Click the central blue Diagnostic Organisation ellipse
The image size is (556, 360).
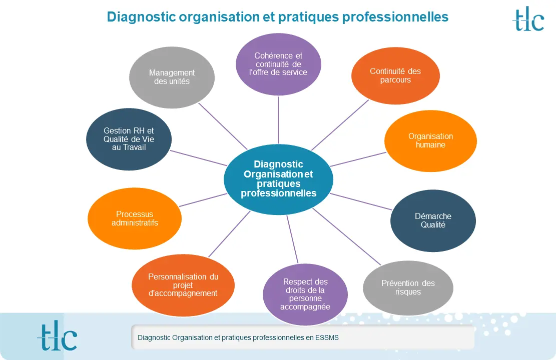point(278,179)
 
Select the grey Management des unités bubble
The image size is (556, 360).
point(172,77)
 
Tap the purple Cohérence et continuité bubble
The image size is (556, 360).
point(278,64)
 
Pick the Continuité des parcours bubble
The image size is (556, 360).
point(395,76)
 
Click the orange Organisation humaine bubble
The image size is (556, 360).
point(430,140)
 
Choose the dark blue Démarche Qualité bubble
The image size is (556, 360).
point(433,220)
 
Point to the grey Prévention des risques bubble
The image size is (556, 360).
point(408,287)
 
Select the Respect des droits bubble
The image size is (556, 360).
point(305,294)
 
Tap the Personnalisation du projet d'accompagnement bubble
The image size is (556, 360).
point(183,285)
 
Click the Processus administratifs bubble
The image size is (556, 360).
point(135,218)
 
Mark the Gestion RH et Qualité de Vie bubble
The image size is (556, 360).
point(129,139)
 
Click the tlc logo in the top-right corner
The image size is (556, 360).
point(528,19)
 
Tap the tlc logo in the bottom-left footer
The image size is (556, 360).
point(57,337)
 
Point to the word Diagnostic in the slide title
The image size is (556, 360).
point(142,17)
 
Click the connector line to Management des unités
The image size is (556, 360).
point(223,126)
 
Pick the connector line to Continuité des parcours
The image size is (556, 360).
point(340,125)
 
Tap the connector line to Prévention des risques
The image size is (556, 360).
point(347,236)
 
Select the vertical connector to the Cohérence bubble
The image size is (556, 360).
point(278,120)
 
